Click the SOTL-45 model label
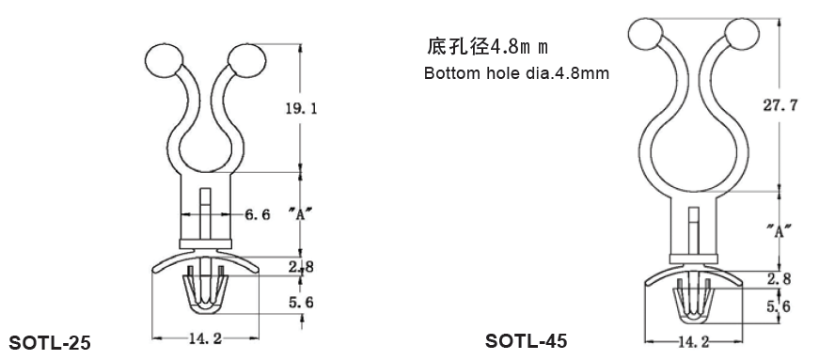(x=527, y=339)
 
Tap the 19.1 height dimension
(x=301, y=109)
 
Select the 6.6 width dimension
(x=258, y=214)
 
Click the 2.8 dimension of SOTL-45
(x=779, y=279)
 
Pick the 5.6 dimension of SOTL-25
(x=302, y=302)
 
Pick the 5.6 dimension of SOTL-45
(x=779, y=305)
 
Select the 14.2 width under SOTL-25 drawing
(x=204, y=339)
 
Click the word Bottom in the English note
(x=448, y=73)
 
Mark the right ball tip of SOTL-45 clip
(x=742, y=36)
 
